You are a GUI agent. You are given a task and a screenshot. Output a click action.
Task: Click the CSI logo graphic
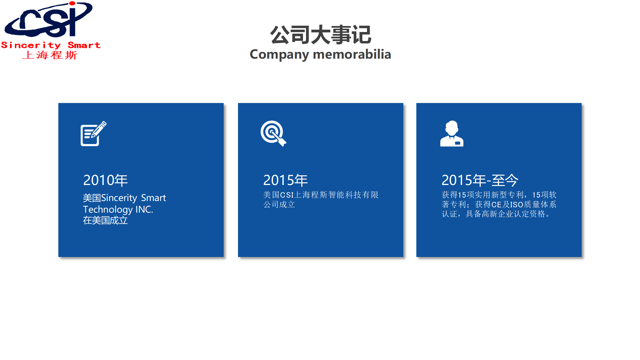49,19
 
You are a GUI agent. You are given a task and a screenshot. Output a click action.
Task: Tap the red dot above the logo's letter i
72,3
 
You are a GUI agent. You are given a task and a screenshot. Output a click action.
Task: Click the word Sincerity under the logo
31,45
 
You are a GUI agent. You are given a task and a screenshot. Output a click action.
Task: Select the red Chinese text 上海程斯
50,55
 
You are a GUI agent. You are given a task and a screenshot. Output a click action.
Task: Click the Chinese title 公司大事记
320,35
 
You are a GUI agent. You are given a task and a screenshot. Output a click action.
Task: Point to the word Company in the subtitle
279,55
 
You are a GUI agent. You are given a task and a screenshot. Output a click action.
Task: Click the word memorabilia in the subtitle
352,54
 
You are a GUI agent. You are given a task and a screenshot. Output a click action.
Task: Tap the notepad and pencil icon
93,133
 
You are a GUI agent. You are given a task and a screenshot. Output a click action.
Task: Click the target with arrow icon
273,133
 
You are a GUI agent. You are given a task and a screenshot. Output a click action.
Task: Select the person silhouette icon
452,133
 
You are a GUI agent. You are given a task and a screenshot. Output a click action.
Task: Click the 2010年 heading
105,180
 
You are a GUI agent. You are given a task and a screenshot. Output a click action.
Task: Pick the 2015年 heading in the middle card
285,180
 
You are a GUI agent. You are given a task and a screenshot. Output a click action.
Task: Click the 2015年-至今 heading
480,180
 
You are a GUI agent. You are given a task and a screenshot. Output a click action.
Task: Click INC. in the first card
144,209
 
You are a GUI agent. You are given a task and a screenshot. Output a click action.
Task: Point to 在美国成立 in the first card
105,220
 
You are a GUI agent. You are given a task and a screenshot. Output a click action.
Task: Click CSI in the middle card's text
287,195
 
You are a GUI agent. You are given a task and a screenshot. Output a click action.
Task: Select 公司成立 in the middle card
279,204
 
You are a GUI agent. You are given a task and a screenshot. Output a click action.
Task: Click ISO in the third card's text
517,205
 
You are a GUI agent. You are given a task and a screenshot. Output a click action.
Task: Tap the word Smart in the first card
153,198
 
